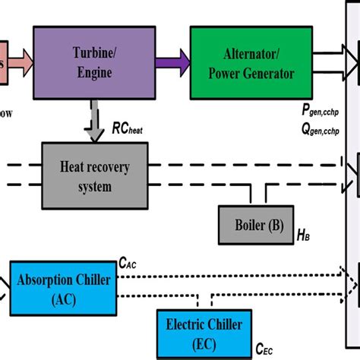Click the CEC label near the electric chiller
(263, 349)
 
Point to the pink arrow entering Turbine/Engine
(17, 58)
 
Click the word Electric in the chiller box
(188, 326)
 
